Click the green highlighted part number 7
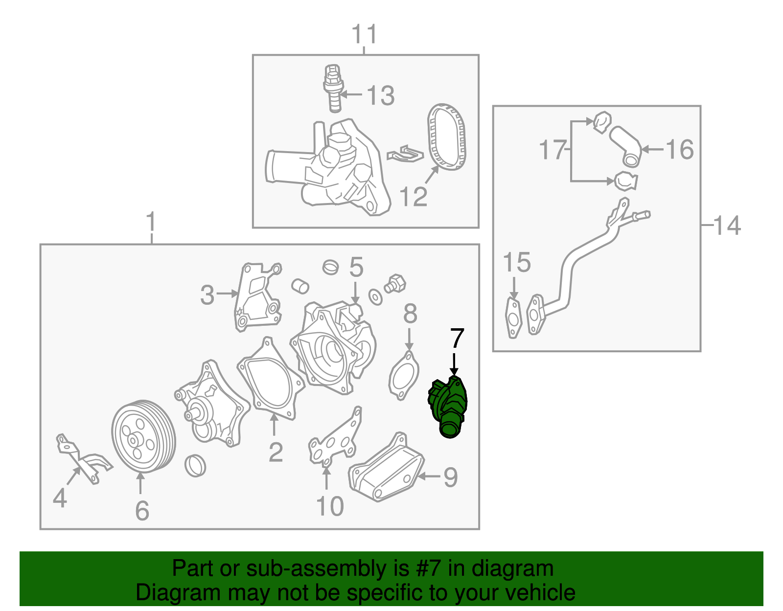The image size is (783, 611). tap(448, 407)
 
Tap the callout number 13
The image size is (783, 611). tap(381, 96)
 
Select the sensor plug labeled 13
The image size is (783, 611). tap(333, 88)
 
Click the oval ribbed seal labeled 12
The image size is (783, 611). tap(446, 137)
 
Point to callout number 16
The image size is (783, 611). tap(679, 149)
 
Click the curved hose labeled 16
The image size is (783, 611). tap(625, 146)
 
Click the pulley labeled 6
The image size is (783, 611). tap(143, 436)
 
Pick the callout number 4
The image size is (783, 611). tap(60, 498)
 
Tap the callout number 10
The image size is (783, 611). tap(330, 506)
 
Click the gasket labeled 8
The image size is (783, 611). tap(404, 376)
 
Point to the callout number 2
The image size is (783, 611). tap(276, 452)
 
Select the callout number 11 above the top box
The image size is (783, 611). tap(364, 34)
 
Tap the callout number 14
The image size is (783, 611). tap(727, 226)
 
